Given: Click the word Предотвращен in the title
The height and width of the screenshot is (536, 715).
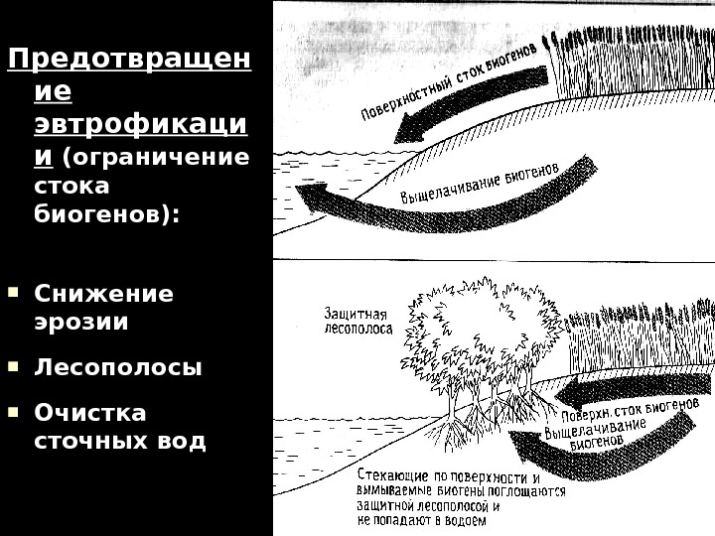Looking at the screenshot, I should [x=129, y=62].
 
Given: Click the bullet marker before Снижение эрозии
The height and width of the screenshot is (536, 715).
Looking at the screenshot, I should [x=12, y=293].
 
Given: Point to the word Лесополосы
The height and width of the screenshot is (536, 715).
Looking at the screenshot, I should [x=117, y=367].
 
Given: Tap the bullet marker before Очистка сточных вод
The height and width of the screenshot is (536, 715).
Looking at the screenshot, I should [x=12, y=410].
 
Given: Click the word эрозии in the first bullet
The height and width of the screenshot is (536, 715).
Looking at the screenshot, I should [x=80, y=322].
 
